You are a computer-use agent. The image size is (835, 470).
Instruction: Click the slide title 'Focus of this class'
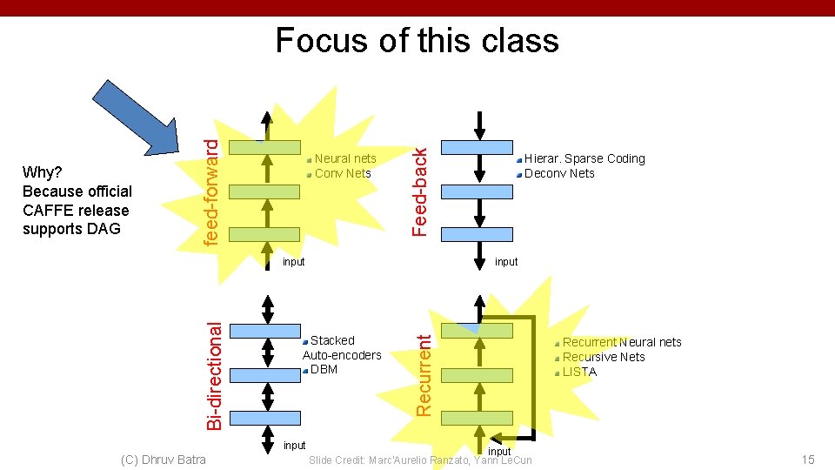point(417,41)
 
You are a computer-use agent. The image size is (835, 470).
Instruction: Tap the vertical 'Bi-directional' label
point(214,373)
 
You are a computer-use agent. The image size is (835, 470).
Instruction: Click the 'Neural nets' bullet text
point(345,158)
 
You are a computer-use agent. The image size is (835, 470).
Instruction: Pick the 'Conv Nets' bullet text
point(343,173)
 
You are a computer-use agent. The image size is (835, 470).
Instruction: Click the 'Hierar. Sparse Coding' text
point(584,158)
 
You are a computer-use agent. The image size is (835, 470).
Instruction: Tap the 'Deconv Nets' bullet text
point(559,173)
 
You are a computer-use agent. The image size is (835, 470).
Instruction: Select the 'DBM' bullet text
point(324,369)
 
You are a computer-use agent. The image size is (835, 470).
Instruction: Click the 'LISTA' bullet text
point(579,372)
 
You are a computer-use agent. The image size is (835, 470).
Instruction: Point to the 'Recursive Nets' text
point(604,357)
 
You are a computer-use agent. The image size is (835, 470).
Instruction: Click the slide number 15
point(808,459)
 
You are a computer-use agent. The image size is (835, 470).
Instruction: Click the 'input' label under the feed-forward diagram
point(294,262)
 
